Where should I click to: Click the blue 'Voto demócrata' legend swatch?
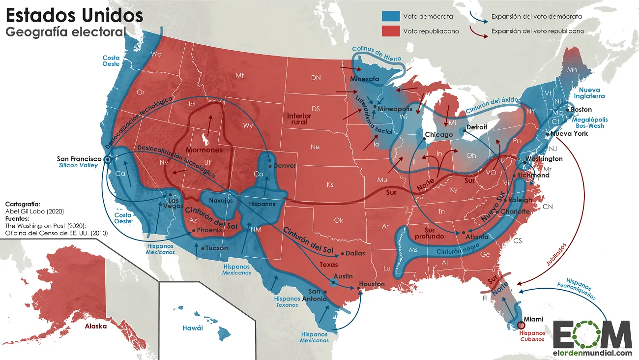[x=390, y=16]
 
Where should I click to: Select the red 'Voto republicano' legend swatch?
[x=390, y=31]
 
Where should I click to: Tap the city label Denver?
[x=285, y=166]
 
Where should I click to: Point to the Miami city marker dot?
[x=521, y=325]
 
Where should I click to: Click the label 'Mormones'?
[x=204, y=150]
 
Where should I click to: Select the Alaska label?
[x=96, y=326]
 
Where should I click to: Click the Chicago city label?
[x=438, y=135]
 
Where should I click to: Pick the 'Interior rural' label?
[x=299, y=119]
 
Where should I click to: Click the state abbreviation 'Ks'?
[x=330, y=184]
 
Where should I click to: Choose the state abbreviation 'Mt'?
[x=239, y=75]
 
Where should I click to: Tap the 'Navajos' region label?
[x=221, y=201]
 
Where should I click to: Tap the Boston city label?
[x=581, y=109]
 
